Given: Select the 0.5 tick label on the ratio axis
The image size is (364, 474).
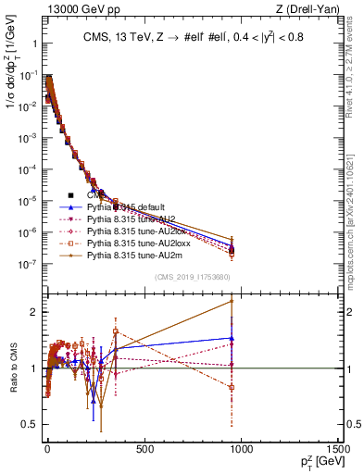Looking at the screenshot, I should (x=31, y=424).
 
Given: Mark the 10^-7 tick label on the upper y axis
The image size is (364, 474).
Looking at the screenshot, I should (x=28, y=264).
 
